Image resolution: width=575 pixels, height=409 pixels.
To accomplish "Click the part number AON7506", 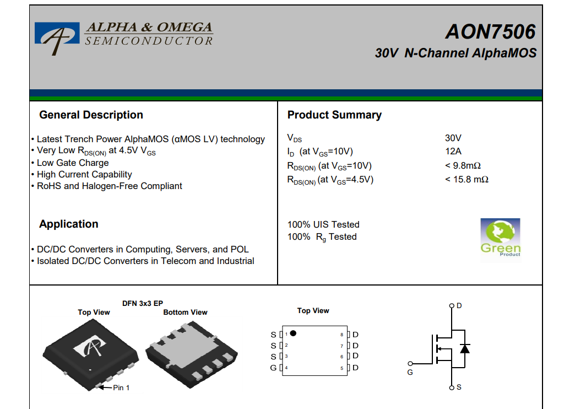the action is pos(490,31).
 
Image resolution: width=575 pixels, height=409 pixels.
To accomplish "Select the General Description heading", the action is pos(91,115).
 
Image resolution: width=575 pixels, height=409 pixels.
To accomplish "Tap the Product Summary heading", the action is pos(334,115).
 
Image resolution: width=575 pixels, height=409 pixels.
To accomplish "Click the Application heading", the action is pos(69,224).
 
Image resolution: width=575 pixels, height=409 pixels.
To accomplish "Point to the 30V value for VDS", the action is pos(453,138).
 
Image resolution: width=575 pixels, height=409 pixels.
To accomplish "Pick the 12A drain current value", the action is pos(453,151).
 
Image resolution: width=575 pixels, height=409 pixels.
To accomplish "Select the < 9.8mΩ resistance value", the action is pos(463,165).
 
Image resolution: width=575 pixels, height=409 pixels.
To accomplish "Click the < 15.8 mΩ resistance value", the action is pos(467,180).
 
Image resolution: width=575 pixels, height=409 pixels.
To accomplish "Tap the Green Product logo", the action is pos(500,240).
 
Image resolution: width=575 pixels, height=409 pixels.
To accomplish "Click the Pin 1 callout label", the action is pos(121,388).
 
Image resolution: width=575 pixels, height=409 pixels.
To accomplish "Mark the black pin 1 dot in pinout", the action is pos(293,333).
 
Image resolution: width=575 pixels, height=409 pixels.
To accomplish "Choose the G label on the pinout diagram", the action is pos(273,368).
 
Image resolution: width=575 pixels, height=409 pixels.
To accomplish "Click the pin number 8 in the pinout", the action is pos(342,335).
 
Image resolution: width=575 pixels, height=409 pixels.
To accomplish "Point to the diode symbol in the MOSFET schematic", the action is pos(465,348).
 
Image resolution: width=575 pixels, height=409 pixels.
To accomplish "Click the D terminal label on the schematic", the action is pos(459,305).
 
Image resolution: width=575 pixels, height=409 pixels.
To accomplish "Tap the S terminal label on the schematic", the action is pos(459,388).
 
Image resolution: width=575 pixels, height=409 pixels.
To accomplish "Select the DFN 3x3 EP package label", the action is pos(143,303).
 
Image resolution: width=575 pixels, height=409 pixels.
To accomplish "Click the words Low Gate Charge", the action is pos(73,163).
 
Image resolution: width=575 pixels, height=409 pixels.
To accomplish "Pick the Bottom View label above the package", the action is pos(185,312).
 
